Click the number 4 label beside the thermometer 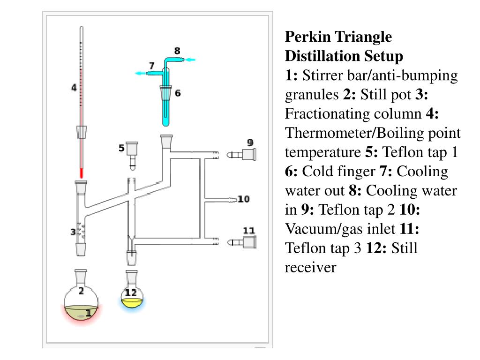(x=74, y=88)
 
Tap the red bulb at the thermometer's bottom (x=81, y=172)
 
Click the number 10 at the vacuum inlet (x=243, y=200)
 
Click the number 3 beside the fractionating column (x=73, y=232)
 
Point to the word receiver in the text (x=310, y=267)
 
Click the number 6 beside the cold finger (x=177, y=93)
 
